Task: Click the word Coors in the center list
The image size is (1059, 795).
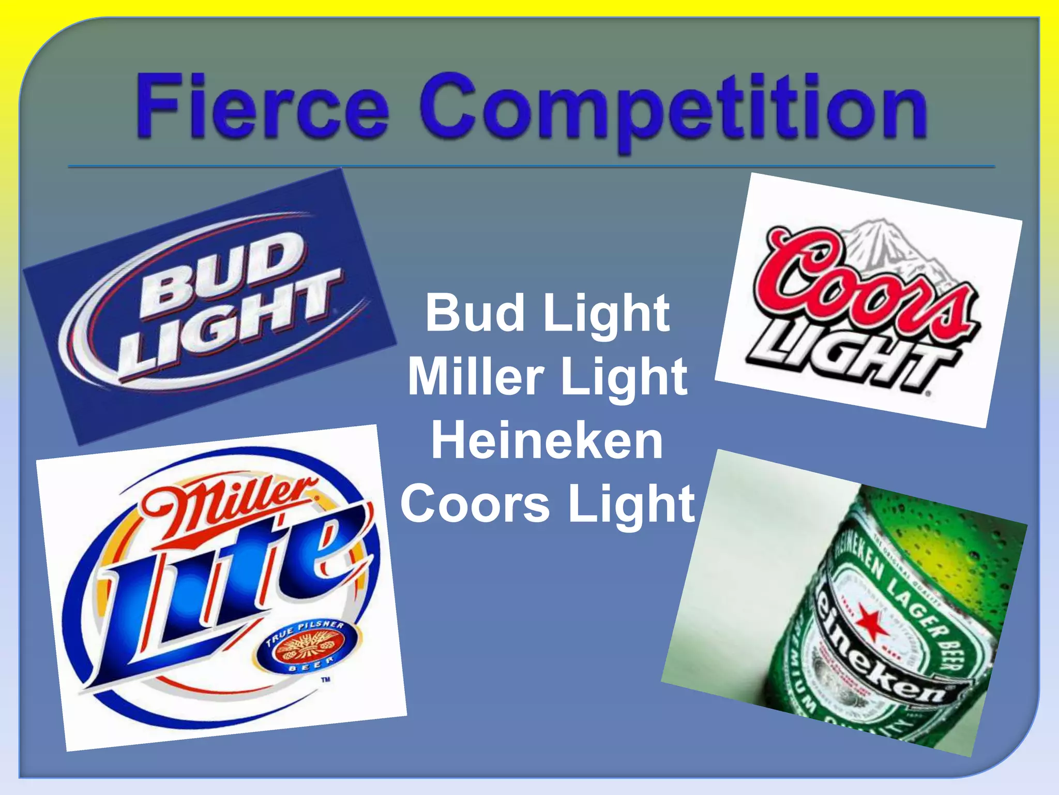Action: pos(475,504)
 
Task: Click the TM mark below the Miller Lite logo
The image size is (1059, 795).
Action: pos(325,680)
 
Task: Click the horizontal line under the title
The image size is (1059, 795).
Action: pos(531,167)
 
